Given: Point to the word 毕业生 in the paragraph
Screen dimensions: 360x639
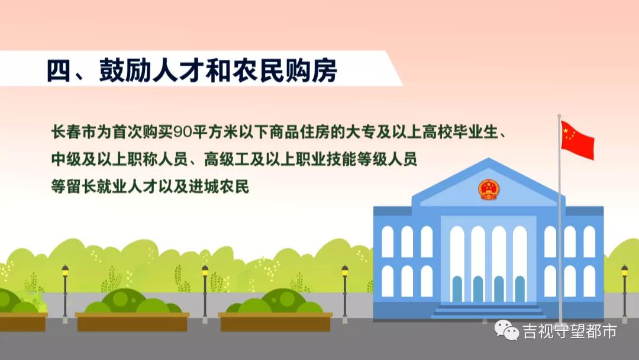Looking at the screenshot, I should tap(474, 132).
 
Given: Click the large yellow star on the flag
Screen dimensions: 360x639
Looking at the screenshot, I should tap(567, 131).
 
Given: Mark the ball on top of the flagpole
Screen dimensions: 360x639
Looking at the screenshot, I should tap(559, 115).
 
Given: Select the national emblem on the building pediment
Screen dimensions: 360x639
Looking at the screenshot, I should tap(488, 189).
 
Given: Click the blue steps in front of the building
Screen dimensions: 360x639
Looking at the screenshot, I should tap(488, 310).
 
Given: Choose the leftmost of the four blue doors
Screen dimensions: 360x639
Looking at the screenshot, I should tap(457, 289).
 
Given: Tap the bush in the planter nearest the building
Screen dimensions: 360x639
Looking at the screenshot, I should tap(275, 302).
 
